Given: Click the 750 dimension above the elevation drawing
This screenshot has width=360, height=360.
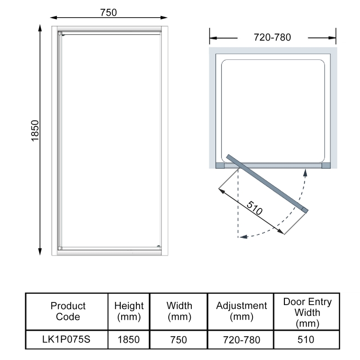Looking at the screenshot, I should [x=108, y=13].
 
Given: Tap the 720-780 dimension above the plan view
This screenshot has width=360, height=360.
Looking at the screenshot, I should [x=272, y=37].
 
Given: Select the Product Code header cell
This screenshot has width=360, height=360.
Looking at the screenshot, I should [x=68, y=311].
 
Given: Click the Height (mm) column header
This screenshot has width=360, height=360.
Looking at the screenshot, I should [x=129, y=311].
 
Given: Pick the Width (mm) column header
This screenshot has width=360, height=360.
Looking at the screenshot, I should [x=179, y=311].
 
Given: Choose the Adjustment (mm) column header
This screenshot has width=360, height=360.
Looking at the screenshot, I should [x=242, y=311].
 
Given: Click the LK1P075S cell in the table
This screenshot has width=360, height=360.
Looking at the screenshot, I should [x=68, y=339].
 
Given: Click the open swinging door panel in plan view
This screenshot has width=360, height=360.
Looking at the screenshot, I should [x=268, y=183].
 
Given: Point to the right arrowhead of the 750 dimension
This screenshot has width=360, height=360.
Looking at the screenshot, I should [x=164, y=18].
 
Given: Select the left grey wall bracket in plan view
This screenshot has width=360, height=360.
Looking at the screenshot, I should [x=220, y=165].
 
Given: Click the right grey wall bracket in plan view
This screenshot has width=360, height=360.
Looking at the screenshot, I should [x=325, y=165].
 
